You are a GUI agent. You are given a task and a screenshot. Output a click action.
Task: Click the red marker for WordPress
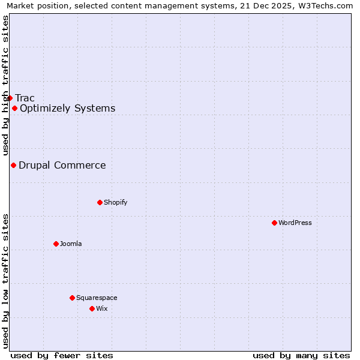[274, 223]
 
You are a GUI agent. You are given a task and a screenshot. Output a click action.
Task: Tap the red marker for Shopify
[100, 202]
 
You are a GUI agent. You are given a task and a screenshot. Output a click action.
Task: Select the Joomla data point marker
[56, 244]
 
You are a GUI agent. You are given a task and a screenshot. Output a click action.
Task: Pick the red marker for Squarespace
[72, 298]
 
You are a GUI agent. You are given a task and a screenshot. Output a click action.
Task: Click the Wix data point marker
[92, 308]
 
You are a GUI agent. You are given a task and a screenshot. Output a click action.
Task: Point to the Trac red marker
[10, 98]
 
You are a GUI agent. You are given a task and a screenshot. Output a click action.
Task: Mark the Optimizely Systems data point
[14, 108]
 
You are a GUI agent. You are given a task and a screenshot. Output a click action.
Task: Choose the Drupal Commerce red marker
[13, 165]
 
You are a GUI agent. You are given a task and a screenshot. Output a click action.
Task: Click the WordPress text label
[295, 223]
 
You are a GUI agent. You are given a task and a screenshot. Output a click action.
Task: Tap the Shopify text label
[116, 202]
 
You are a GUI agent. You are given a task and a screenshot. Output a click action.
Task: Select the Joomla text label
[71, 244]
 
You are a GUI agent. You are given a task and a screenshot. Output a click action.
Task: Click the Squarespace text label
[97, 298]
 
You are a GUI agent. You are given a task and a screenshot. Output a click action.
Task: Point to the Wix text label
[102, 308]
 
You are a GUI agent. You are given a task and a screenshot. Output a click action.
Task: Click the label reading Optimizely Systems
[67, 109]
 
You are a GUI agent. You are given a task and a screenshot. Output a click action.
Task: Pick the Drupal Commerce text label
[62, 166]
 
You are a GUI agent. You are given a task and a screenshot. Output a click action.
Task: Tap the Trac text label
[25, 98]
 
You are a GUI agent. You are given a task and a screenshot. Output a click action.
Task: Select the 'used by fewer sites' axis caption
[62, 355]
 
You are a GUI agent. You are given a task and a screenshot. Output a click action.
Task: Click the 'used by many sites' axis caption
[301, 355]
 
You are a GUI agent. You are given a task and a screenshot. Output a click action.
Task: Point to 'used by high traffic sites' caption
[5, 86]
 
